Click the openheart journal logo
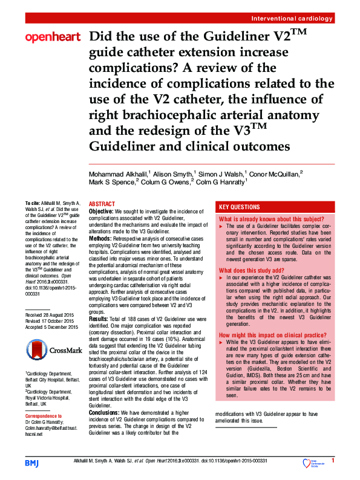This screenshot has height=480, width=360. pyautogui.click(x=53, y=38)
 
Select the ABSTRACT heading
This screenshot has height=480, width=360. pyautogui.click(x=103, y=204)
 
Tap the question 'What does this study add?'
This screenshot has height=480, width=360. pyautogui.click(x=251, y=270)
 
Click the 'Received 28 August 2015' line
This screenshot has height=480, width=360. pyautogui.click(x=51, y=316)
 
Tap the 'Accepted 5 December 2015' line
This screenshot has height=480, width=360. pyautogui.click(x=51, y=328)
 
